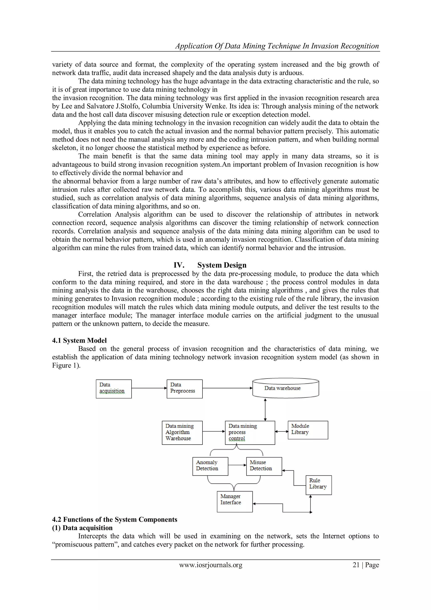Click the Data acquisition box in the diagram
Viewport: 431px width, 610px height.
pos(114,389)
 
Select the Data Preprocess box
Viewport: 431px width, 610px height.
pos(184,389)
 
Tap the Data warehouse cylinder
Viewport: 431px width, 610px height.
pos(285,388)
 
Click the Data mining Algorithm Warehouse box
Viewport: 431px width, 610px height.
pos(182,433)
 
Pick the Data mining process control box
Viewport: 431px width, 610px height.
pos(250,433)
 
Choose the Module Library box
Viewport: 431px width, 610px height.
pos(308,430)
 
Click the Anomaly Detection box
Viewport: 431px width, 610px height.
pos(210,466)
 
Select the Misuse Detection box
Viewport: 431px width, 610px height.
pos(264,466)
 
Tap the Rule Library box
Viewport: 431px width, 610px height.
pos(318,485)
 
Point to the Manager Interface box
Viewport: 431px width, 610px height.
pos(235,502)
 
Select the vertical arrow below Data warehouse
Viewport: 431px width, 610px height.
pos(265,409)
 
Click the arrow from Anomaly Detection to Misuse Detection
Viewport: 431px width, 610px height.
pos(237,465)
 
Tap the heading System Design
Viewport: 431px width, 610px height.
pos(222,265)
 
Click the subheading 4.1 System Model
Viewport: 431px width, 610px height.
pos(79,340)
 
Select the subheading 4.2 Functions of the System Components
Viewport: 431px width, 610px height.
pos(115,519)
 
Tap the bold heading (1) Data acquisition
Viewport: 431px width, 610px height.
pos(82,528)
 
